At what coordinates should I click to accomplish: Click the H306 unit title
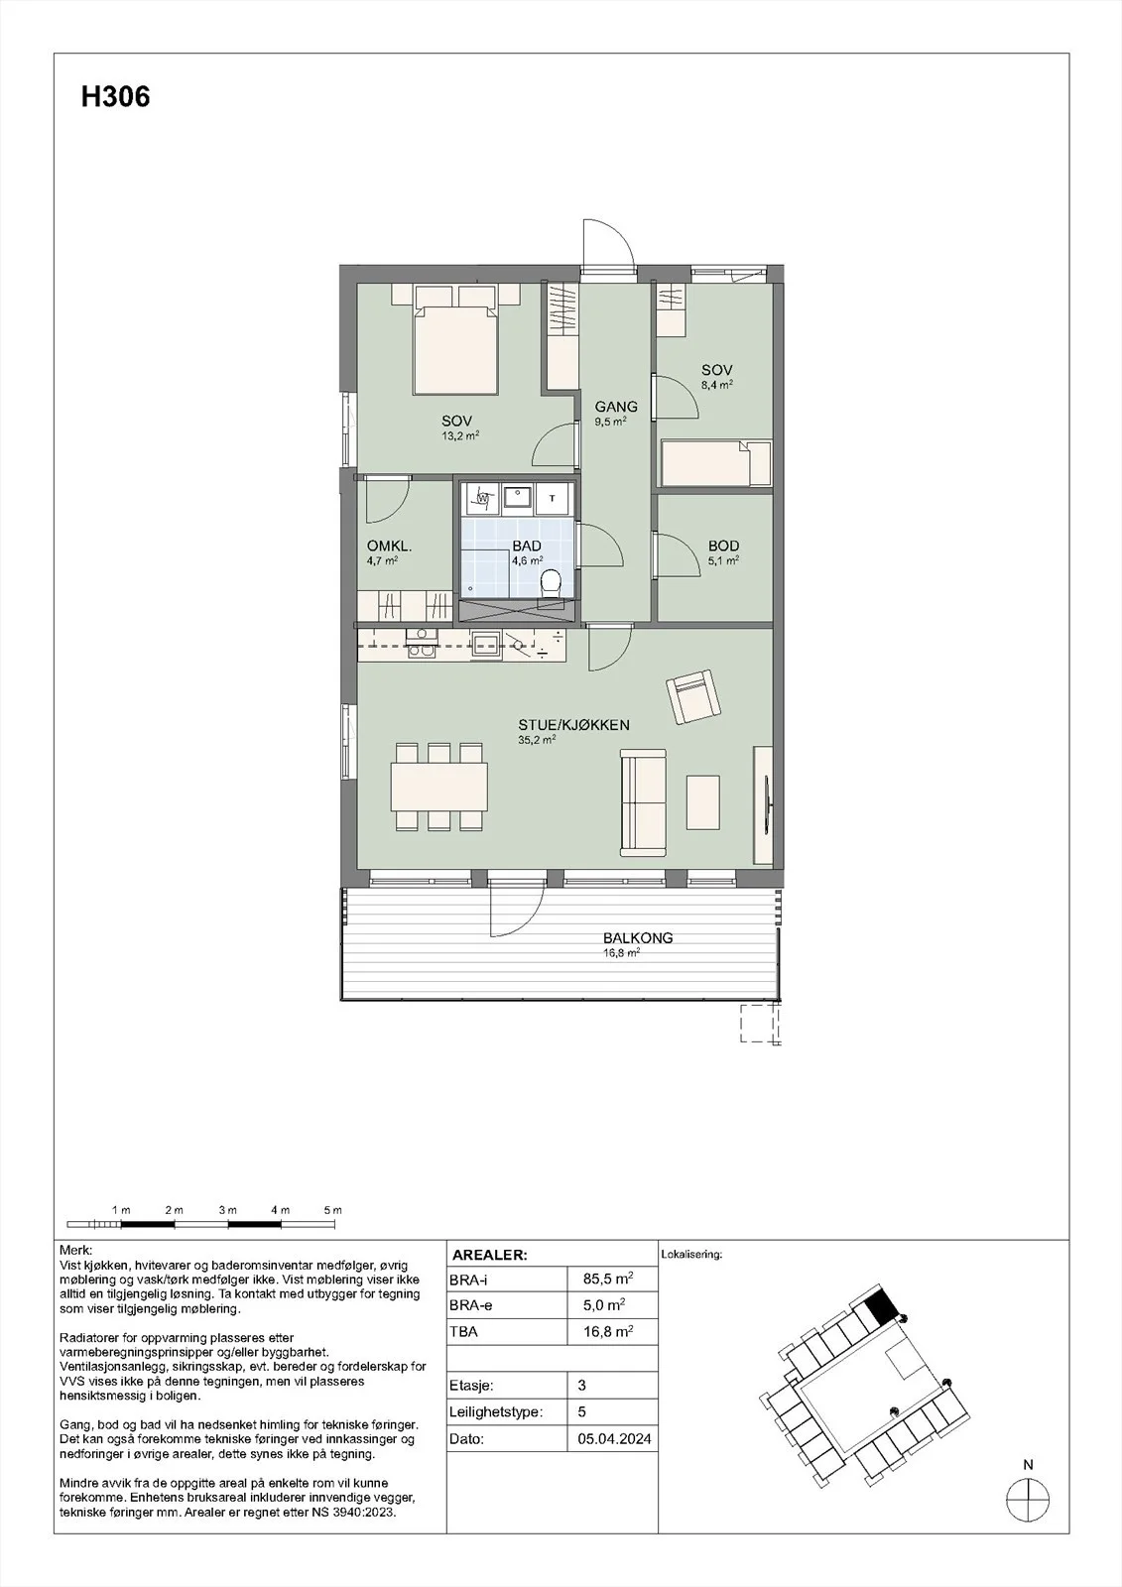pos(115,97)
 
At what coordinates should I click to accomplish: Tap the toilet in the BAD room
pos(550,584)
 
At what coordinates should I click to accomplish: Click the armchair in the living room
pos(693,697)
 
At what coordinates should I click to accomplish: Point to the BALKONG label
pos(638,937)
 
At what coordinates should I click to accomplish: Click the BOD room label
pos(723,547)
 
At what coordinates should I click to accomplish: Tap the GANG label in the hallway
pos(616,407)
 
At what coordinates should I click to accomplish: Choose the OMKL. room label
pos(389,547)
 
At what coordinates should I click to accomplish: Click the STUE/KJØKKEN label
pos(574,725)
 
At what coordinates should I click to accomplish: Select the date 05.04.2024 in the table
pos(614,1439)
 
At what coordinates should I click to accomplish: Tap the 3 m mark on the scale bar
pos(227,1210)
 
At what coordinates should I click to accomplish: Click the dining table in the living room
pos(439,787)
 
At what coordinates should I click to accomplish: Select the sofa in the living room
pos(643,801)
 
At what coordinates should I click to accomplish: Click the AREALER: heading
pos(490,1256)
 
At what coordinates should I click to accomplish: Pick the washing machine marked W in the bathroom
pos(482,498)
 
